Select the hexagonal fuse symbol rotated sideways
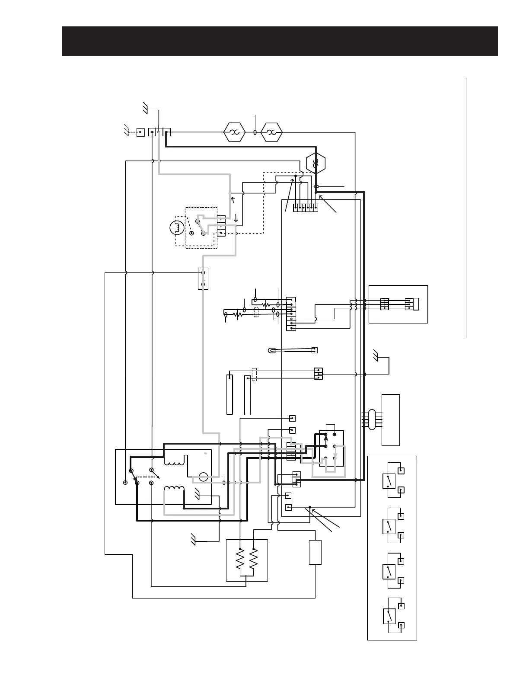point(315,163)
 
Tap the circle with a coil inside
point(176,228)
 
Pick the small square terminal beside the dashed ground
point(140,132)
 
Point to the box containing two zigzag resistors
point(247,560)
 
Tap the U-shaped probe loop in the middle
point(272,351)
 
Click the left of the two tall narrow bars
point(229,394)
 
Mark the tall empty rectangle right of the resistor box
point(315,552)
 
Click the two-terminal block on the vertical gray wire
point(203,279)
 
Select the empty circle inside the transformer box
point(204,477)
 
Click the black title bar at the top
point(280,41)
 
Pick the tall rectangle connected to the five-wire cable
point(390,420)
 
